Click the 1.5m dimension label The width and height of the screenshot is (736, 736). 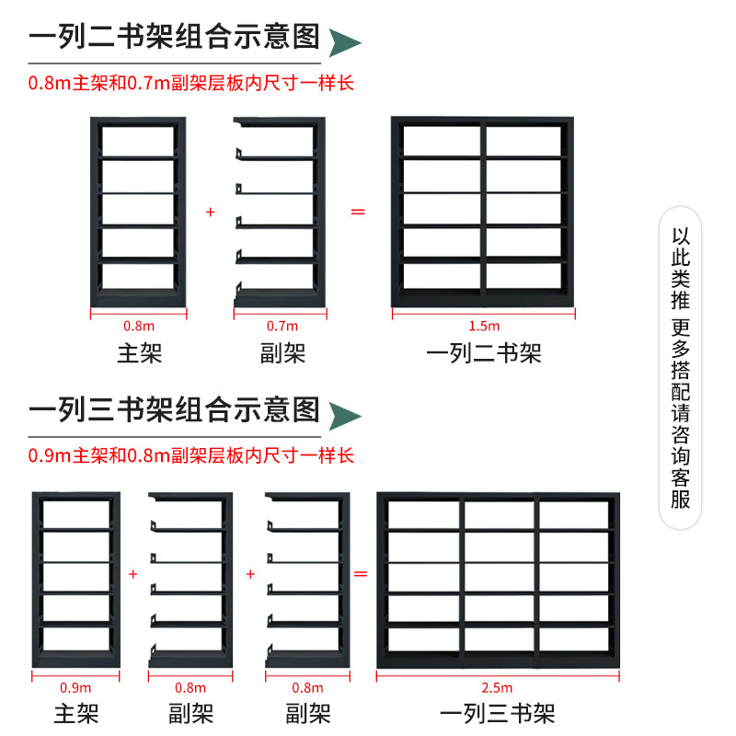(484, 326)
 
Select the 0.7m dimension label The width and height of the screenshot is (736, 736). (282, 326)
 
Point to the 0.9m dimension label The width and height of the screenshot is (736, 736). (75, 687)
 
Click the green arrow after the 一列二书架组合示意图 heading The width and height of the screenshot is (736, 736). (344, 41)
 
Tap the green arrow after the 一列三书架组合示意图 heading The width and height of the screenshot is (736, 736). (344, 414)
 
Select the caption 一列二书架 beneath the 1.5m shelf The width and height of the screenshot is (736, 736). (484, 352)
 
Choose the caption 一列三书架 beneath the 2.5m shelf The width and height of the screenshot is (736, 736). (498, 713)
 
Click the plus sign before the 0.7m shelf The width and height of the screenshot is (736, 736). (210, 213)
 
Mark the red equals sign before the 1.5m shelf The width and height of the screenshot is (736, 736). (358, 213)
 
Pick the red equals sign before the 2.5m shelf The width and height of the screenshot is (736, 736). (361, 574)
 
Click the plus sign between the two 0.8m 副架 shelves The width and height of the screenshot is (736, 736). (249, 574)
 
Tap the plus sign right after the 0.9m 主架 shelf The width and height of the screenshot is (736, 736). (132, 574)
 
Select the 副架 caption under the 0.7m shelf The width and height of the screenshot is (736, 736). (282, 352)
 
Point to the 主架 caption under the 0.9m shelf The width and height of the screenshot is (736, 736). (75, 713)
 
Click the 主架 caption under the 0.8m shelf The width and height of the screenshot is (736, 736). (139, 352)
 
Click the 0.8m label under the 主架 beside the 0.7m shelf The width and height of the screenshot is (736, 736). (139, 326)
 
